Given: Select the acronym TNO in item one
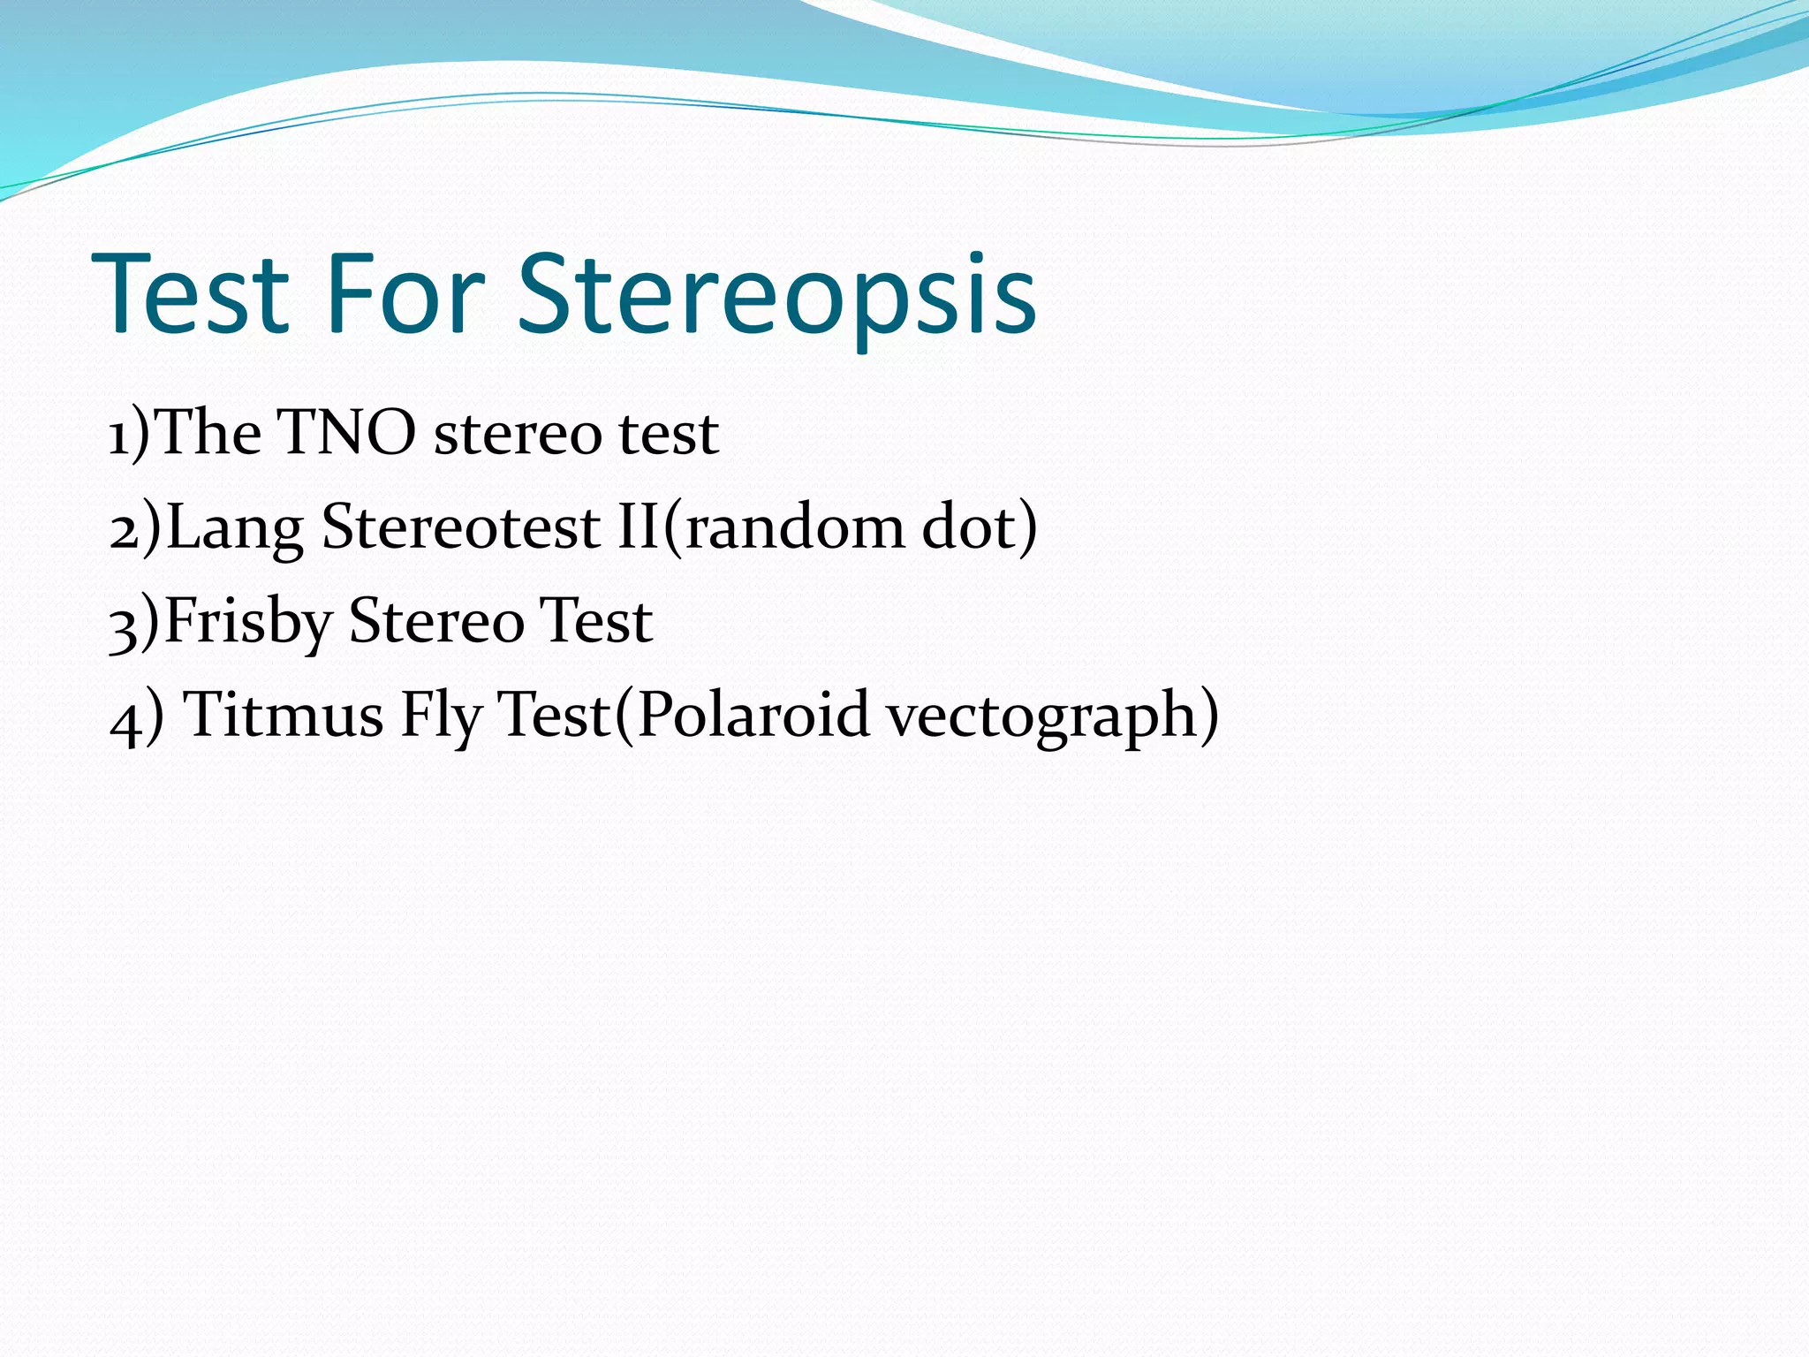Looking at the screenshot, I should [346, 434].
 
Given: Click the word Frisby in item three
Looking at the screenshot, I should [247, 621].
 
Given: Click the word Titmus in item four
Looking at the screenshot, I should [284, 715].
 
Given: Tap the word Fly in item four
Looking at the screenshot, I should [441, 715].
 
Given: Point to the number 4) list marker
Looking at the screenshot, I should [136, 716].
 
